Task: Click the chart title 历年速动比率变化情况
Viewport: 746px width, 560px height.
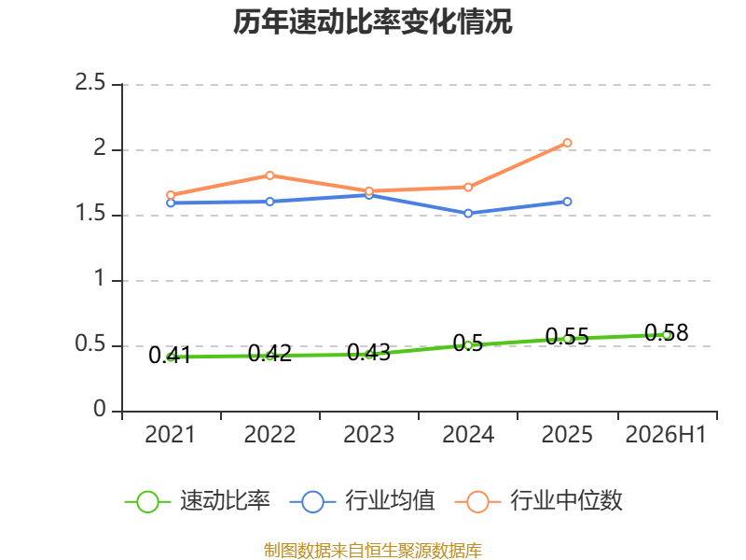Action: (x=372, y=21)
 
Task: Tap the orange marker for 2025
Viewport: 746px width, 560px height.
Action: (x=567, y=143)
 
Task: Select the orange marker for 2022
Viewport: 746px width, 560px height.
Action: (x=269, y=175)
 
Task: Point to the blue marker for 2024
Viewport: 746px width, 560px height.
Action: (x=468, y=214)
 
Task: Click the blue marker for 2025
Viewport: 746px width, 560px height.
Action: (x=567, y=202)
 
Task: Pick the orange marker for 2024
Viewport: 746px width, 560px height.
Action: (x=468, y=188)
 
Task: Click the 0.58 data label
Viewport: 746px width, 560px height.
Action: (x=666, y=333)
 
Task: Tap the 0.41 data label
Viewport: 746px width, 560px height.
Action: (x=170, y=356)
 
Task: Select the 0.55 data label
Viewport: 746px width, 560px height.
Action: (x=567, y=337)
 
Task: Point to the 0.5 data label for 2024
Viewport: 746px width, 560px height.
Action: (x=468, y=343)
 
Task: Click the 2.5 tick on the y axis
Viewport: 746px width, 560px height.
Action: (x=90, y=83)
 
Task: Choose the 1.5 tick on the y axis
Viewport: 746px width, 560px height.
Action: (x=90, y=214)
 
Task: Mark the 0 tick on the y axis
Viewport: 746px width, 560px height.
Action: (x=100, y=409)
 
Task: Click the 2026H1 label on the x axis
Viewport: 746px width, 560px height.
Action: (x=666, y=435)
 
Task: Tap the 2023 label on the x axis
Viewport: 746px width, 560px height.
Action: (x=368, y=435)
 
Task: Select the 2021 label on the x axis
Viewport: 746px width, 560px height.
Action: (x=170, y=435)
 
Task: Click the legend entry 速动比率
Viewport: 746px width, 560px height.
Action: (x=198, y=501)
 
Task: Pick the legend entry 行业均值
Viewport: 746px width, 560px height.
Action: (x=363, y=501)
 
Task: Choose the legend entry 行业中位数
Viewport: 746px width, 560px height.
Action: (x=539, y=501)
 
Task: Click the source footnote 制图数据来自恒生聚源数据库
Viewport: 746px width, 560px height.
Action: (x=372, y=551)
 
